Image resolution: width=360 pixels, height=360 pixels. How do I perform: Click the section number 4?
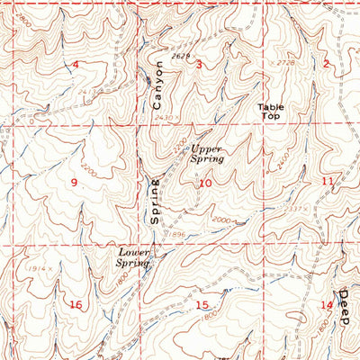(x=76, y=64)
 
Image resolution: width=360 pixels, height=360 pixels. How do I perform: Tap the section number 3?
(x=198, y=64)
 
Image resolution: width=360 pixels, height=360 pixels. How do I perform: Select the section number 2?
(x=326, y=63)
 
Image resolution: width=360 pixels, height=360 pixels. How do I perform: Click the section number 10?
(x=206, y=184)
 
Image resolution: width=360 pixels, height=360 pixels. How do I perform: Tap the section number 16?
(x=76, y=305)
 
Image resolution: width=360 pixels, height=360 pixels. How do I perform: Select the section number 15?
(x=202, y=305)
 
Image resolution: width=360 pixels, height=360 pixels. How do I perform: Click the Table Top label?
(x=271, y=112)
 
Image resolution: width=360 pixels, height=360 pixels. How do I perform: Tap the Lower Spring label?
(x=133, y=257)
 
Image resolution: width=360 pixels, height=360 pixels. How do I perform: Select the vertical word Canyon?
(x=160, y=79)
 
